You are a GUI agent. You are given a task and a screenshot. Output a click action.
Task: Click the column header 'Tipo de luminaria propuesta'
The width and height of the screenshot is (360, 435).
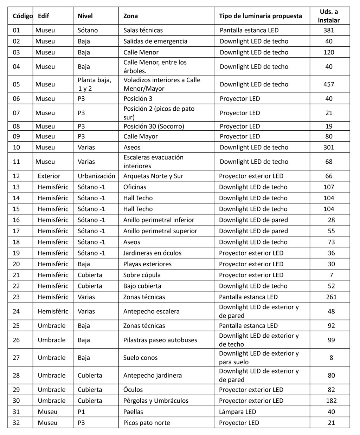point(260,16)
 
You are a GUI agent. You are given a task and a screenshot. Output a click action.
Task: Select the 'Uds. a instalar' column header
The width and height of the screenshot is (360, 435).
point(329,16)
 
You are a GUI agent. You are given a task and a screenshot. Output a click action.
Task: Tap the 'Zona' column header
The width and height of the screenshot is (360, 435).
point(130,16)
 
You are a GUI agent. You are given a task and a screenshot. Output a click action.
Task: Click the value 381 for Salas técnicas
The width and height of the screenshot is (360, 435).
point(329,30)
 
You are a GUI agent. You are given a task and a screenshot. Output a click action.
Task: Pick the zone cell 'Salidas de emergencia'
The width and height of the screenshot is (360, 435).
point(155,41)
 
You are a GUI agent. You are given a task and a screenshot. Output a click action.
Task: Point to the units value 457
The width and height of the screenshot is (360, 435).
point(329,84)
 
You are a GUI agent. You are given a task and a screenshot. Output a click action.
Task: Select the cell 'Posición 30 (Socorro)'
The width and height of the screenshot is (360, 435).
point(154,126)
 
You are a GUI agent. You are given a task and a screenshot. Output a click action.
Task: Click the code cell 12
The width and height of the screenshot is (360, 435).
point(16,176)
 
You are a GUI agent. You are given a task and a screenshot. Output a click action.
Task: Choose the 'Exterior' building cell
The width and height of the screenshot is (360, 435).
point(49,176)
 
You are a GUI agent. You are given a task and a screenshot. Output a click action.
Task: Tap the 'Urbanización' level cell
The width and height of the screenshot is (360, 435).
point(96,176)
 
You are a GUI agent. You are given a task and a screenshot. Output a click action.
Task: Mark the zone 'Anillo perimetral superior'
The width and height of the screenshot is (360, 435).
point(160,231)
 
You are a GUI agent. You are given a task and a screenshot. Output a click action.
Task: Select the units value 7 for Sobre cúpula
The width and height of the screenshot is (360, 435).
point(331,275)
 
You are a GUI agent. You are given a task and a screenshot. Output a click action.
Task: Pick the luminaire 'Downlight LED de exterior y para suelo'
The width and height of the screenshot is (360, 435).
point(259,358)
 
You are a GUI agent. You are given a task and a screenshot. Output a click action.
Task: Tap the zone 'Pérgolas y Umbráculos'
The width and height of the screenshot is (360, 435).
point(156,401)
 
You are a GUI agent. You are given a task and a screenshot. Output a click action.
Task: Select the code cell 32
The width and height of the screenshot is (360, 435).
point(16,423)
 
